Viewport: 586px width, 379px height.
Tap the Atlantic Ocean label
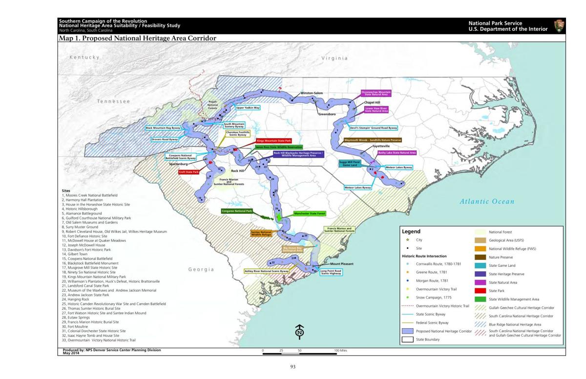[486, 201]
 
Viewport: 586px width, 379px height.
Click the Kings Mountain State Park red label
[273, 141]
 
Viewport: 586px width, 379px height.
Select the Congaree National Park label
[237, 211]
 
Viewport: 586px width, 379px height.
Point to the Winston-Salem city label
[311, 93]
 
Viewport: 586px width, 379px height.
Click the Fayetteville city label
[381, 146]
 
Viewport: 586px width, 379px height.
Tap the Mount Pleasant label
[341, 264]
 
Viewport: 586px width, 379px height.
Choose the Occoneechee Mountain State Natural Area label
[376, 93]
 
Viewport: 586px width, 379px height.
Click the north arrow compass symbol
[300, 332]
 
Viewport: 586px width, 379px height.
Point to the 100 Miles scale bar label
[340, 350]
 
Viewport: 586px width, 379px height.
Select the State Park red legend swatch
[481, 291]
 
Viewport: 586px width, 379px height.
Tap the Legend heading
[411, 232]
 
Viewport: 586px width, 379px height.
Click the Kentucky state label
[84, 58]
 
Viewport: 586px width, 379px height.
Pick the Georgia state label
[201, 269]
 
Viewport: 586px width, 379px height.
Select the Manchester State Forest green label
[309, 214]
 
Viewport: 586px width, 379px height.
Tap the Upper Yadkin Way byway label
[248, 108]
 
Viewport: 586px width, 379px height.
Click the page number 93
[293, 367]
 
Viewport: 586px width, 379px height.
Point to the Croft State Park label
[188, 172]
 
